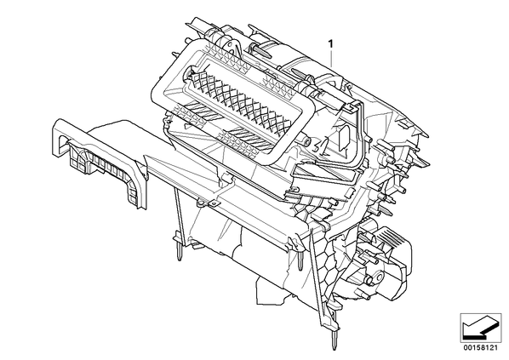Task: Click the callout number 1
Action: [331, 43]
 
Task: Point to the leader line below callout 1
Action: [331, 58]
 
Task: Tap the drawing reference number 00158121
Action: [480, 348]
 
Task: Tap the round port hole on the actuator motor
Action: [369, 279]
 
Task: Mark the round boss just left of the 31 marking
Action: [306, 141]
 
